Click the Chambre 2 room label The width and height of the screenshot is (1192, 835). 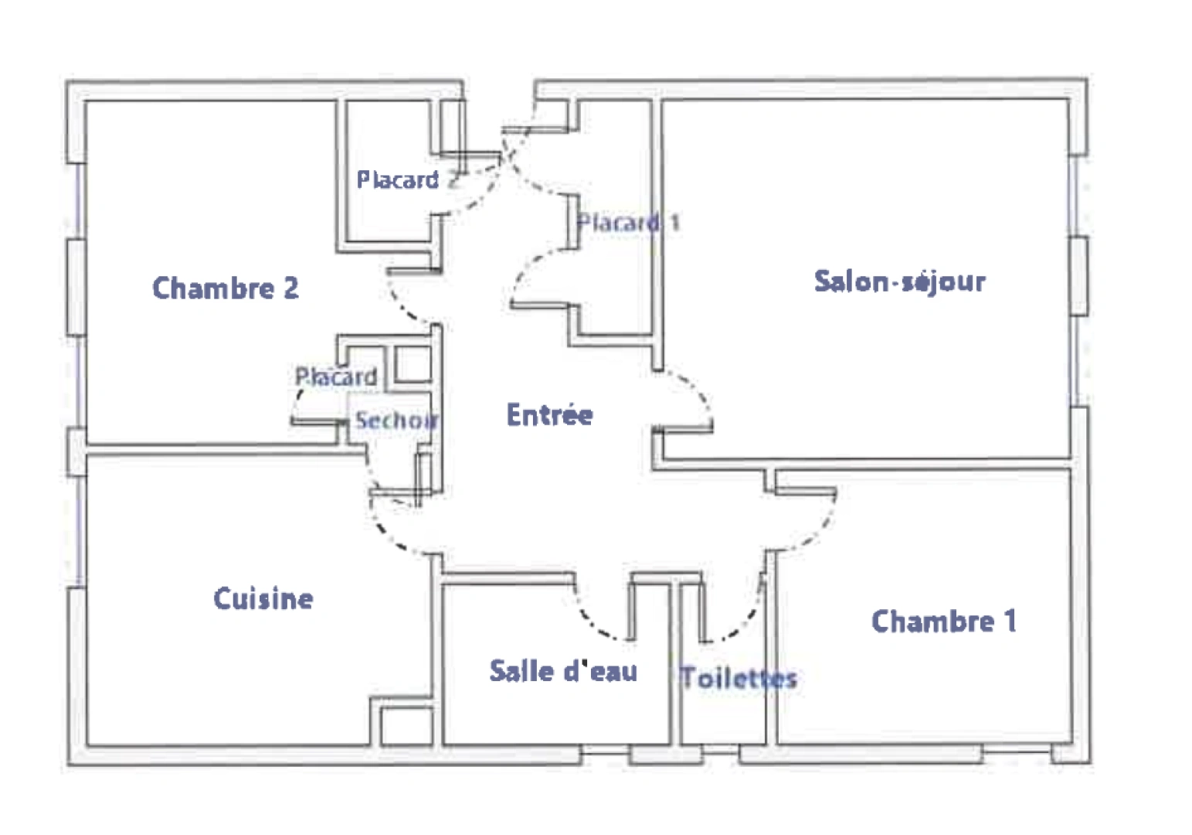click(225, 288)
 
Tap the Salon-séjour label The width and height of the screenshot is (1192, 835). click(899, 281)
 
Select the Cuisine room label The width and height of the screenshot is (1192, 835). click(263, 598)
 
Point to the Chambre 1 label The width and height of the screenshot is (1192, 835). click(943, 621)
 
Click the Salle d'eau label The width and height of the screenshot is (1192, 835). click(563, 671)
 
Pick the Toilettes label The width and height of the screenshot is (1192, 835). click(738, 678)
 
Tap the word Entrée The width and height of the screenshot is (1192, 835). click(549, 415)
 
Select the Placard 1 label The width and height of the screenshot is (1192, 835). click(628, 223)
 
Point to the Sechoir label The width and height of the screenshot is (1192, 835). click(396, 421)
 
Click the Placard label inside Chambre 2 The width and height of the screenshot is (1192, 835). click(336, 377)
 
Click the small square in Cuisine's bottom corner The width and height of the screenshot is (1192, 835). click(406, 727)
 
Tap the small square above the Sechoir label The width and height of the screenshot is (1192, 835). click(413, 364)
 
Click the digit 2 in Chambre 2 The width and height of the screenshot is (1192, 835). click(290, 288)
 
